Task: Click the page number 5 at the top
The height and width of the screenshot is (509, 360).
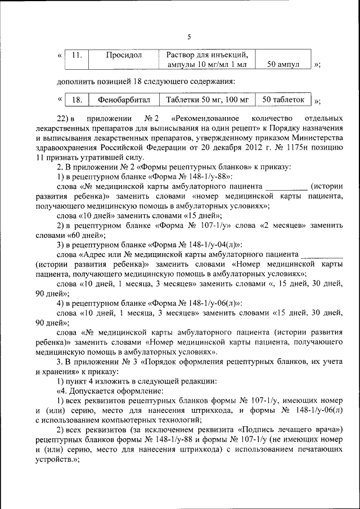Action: (189, 37)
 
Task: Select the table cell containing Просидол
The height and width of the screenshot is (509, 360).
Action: (124, 55)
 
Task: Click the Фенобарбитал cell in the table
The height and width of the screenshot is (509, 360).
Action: (124, 100)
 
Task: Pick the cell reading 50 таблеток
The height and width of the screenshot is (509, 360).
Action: (283, 100)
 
